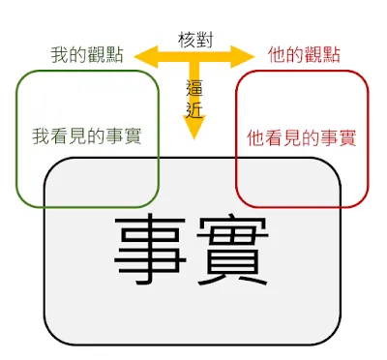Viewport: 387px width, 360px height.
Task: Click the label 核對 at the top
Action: click(193, 40)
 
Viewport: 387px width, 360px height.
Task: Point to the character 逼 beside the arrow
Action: click(194, 89)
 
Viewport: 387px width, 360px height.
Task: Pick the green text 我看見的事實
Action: click(86, 135)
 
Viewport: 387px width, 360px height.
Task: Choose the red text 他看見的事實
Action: click(301, 137)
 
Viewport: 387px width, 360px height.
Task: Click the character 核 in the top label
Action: click(185, 40)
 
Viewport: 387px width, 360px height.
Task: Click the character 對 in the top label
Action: click(203, 40)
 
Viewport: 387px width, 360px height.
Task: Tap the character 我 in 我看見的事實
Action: click(41, 135)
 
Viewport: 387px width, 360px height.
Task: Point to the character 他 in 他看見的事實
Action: click(255, 137)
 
